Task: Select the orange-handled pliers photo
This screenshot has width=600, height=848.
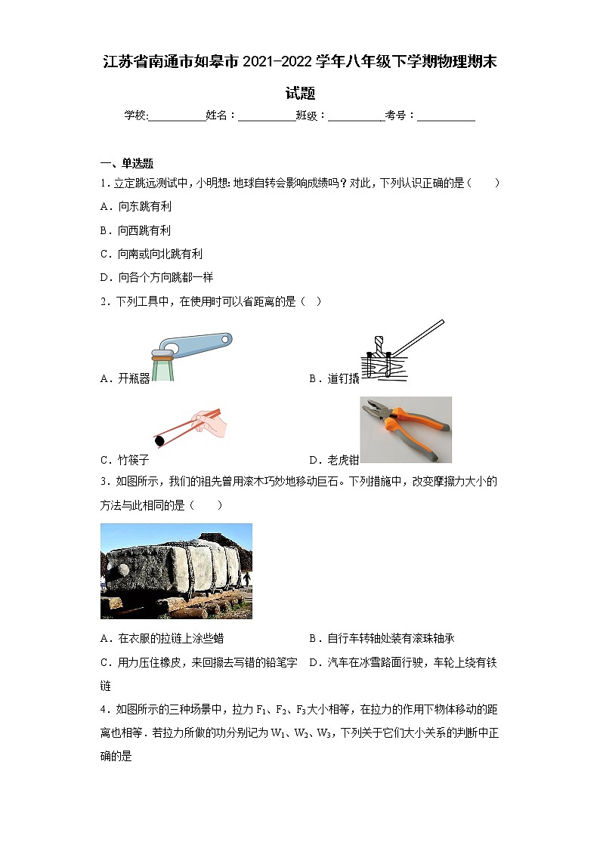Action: [406, 430]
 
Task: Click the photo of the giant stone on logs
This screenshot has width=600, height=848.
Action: [176, 571]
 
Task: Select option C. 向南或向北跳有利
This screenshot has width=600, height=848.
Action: [151, 254]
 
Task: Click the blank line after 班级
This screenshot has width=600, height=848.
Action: [356, 116]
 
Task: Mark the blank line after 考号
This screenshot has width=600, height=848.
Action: [446, 116]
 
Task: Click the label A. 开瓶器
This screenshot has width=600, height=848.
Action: [125, 379]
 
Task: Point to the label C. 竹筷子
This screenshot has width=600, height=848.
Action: [125, 460]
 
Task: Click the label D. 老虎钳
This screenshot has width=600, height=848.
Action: [334, 460]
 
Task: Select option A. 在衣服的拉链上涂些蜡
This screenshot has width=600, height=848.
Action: [162, 639]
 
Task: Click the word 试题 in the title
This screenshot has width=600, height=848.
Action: [300, 94]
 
